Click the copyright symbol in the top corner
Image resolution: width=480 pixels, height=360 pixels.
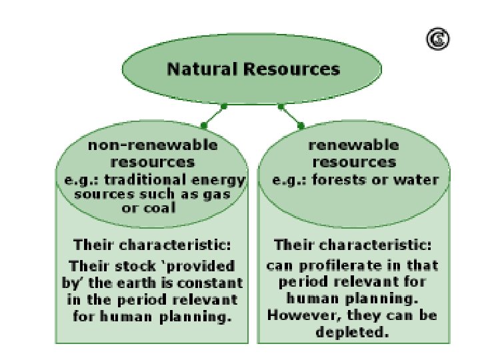[437, 40]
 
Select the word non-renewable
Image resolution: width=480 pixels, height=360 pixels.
[153, 145]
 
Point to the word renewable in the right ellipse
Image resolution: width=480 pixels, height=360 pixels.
[353, 145]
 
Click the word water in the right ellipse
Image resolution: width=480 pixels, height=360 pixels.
[421, 179]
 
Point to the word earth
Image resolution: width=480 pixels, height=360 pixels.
[141, 283]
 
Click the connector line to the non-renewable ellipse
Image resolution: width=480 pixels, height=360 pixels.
[213, 115]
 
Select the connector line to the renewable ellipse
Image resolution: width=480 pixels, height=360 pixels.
[291, 115]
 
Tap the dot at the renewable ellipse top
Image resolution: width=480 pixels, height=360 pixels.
[301, 125]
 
